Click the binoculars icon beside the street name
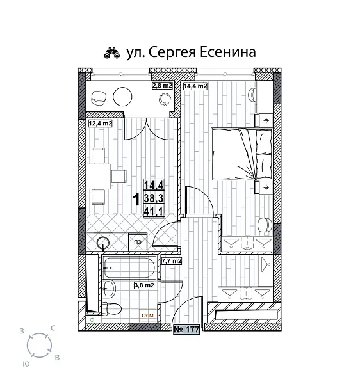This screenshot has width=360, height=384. pyautogui.click(x=112, y=52)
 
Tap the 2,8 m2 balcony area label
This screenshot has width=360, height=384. pyautogui.click(x=162, y=85)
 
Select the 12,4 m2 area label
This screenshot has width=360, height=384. pyautogui.click(x=100, y=124)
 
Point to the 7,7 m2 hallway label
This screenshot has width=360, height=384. pyautogui.click(x=172, y=261)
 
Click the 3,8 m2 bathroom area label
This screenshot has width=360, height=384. pyautogui.click(x=143, y=285)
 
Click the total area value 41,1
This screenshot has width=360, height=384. pyautogui.click(x=153, y=211)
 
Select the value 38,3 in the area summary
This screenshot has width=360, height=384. pyautogui.click(x=153, y=198)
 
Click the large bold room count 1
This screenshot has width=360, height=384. pyautogui.click(x=136, y=200)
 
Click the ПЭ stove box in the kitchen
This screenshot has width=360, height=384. pyautogui.click(x=138, y=241)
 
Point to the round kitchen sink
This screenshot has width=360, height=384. pyautogui.click(x=104, y=243)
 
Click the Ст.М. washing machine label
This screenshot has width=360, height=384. pyautogui.click(x=149, y=316)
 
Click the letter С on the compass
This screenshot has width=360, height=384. pyautogui.click(x=53, y=328)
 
